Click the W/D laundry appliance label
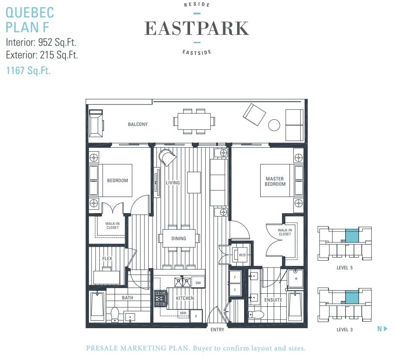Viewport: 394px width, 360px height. pos(242,255)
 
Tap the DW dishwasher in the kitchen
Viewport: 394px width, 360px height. pos(198,283)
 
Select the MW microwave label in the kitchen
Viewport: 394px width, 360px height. pos(183,313)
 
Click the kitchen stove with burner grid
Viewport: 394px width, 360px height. pos(160,299)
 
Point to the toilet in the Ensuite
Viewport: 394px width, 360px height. pos(256,314)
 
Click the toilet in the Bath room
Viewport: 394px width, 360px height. pos(115,315)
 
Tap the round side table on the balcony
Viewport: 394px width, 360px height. pos(274,125)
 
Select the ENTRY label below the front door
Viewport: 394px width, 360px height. pos(217,329)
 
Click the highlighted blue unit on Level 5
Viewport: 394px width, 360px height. pos(352,236)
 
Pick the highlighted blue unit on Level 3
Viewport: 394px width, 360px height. pos(352,297)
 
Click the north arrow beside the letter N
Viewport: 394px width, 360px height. pos(386,329)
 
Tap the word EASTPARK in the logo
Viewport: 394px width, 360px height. pos(197,28)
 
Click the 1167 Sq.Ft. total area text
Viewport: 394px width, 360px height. pos(28,71)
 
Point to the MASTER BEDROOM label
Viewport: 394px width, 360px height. pos(275,181)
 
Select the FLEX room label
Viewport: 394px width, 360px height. pos(107,258)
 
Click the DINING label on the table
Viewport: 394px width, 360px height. pos(179,238)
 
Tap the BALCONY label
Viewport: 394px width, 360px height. pos(138,124)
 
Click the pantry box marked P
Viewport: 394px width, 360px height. pos(196,316)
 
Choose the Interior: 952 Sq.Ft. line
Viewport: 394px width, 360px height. pos(41,42)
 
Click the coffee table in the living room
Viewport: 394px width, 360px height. pos(194,182)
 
